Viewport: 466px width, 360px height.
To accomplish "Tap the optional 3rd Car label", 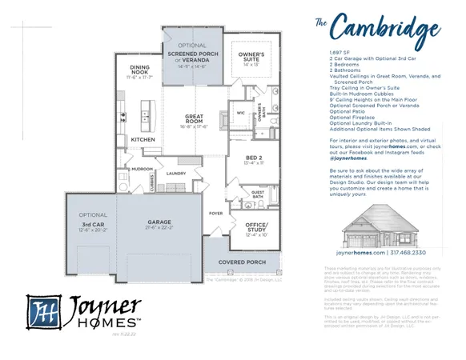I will (93, 225).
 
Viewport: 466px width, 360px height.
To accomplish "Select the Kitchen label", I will (143, 139).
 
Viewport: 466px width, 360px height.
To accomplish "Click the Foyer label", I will (216, 214).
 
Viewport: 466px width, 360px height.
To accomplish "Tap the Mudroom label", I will (143, 170).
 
